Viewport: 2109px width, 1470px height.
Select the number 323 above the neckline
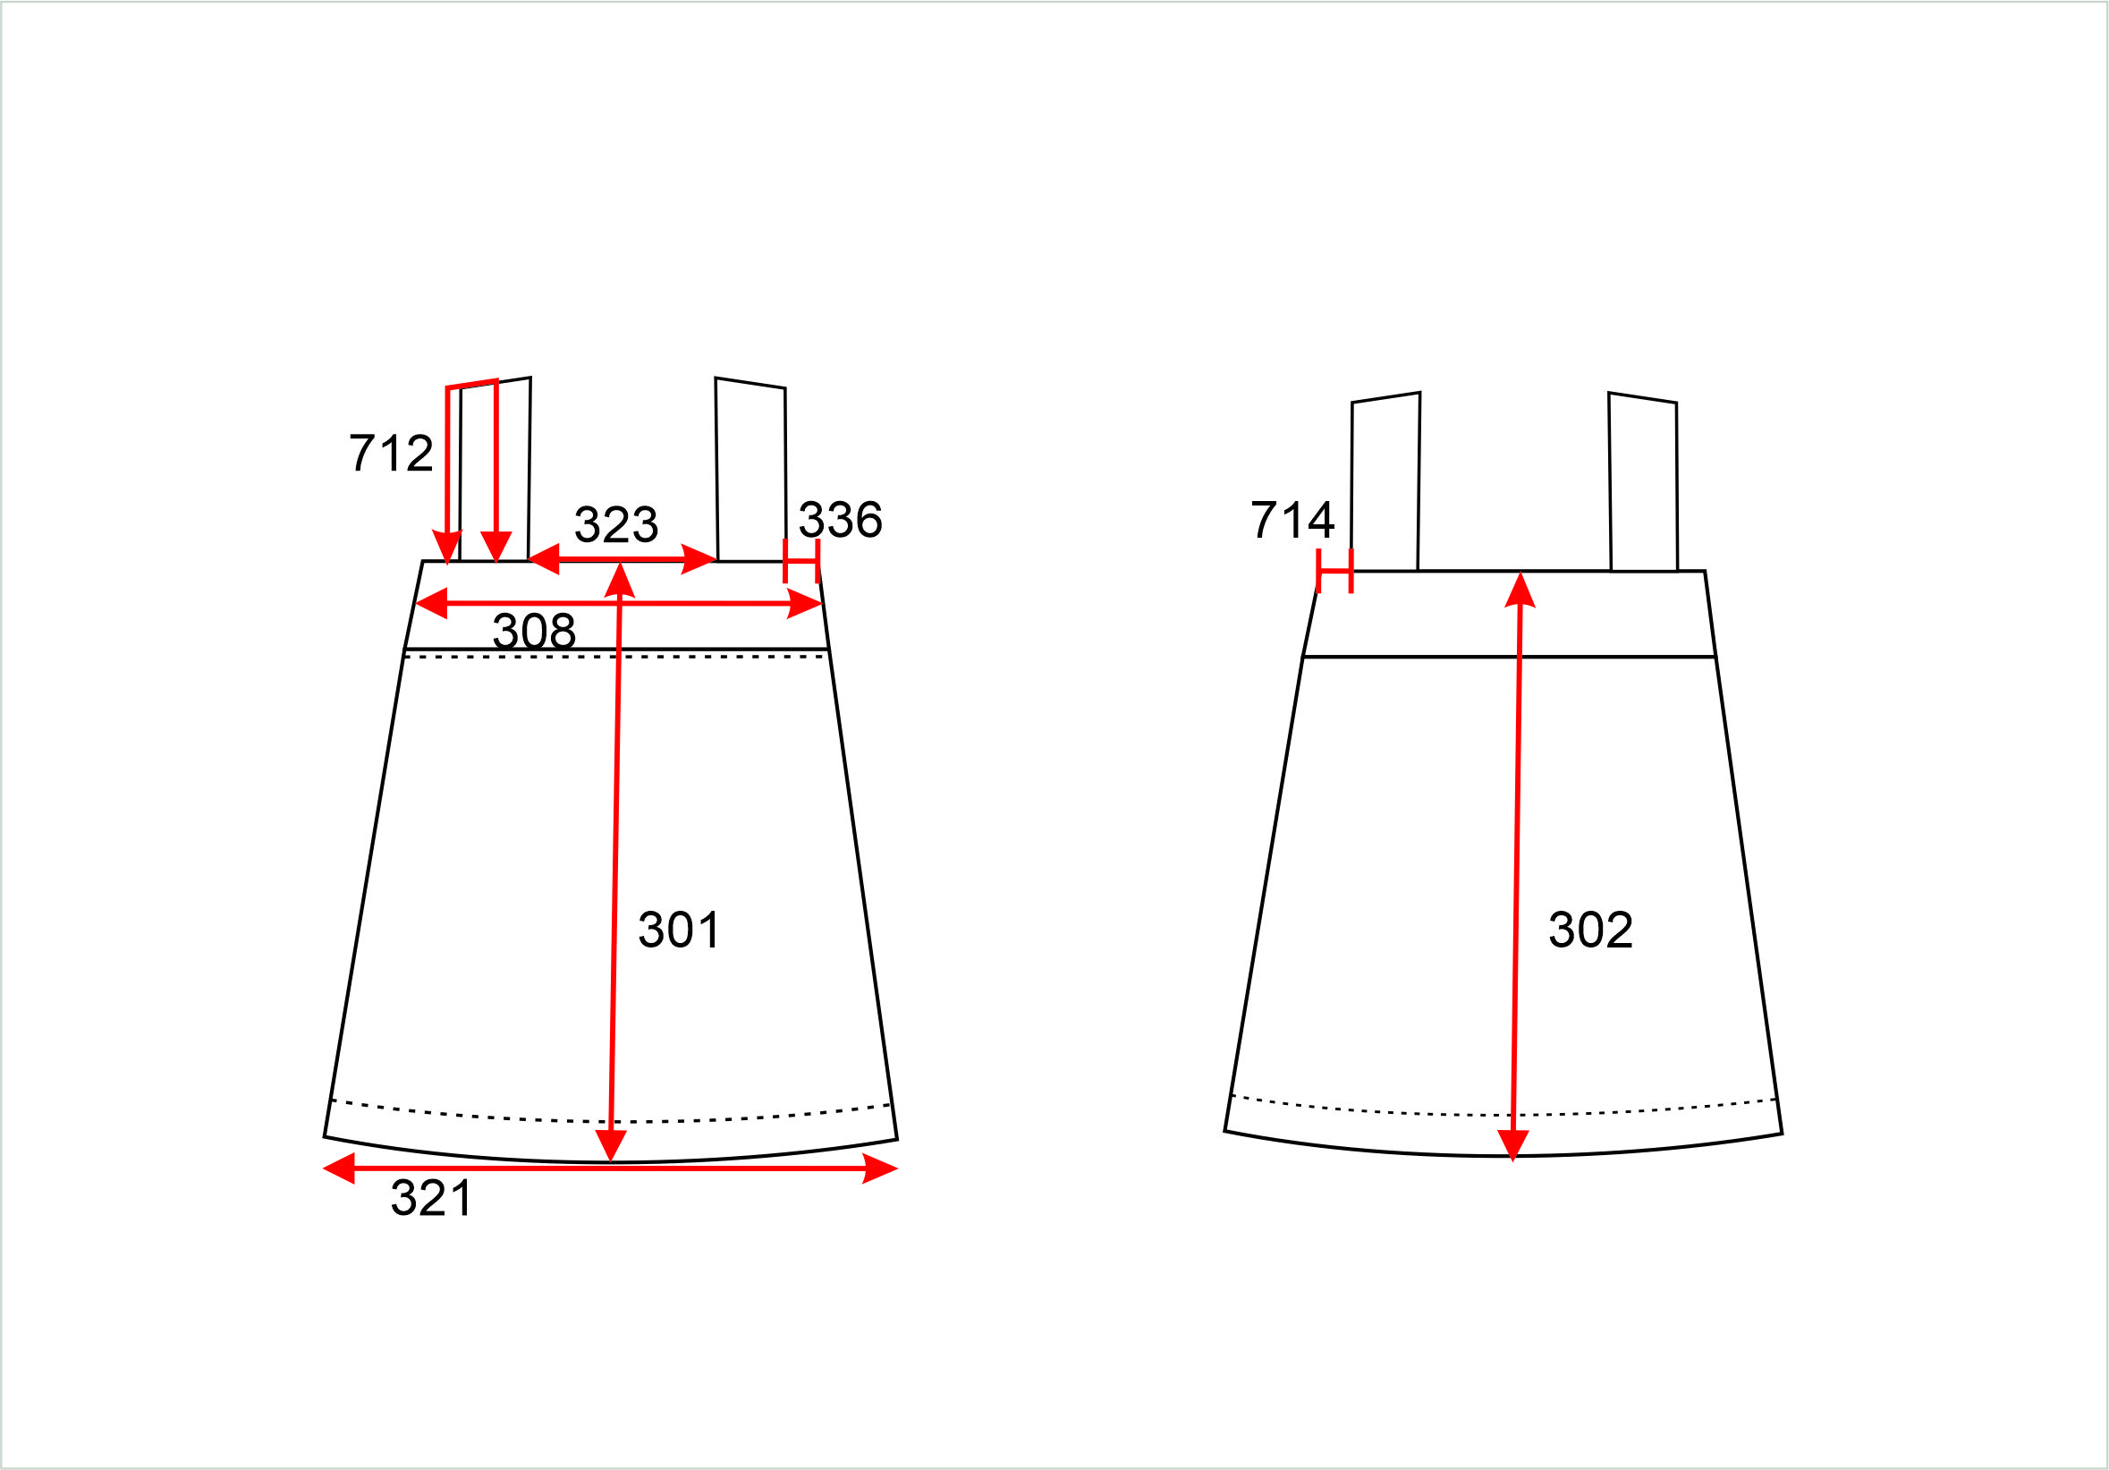coord(616,524)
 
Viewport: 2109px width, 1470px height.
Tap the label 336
coord(841,520)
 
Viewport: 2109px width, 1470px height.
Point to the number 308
coord(535,631)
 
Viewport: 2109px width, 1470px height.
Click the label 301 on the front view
coord(679,930)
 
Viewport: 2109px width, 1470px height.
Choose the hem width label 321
coord(432,1198)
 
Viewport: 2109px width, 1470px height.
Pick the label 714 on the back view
coord(1292,520)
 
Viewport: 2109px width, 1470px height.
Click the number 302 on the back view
coord(1591,930)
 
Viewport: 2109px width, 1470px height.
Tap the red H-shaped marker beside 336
coord(801,560)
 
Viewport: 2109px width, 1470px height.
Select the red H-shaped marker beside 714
coord(1334,571)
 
